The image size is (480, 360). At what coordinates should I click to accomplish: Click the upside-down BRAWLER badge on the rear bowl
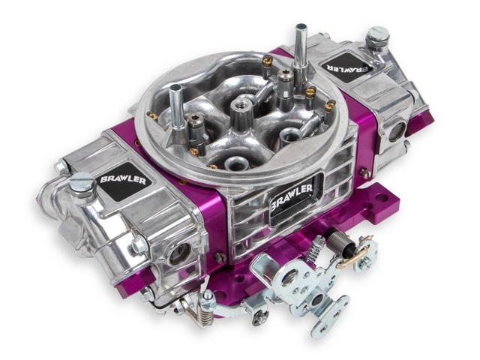click(x=346, y=67)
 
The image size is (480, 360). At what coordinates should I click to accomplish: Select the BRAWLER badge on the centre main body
click(x=292, y=196)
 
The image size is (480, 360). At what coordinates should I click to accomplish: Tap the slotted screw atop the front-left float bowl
click(x=81, y=181)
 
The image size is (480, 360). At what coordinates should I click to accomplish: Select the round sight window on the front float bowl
click(x=180, y=255)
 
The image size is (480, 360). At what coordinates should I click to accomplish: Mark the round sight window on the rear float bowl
click(x=397, y=131)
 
